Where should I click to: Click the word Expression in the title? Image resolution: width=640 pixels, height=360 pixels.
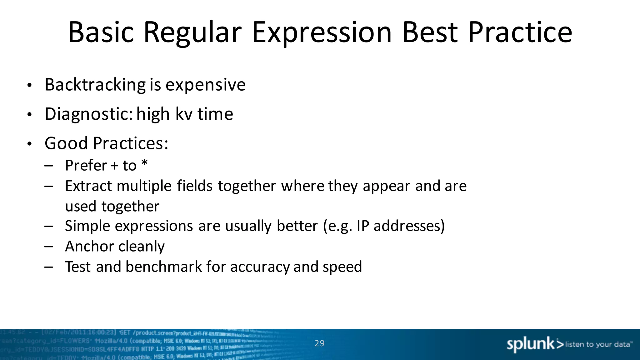point(322,32)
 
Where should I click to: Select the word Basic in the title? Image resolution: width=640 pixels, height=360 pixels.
point(101,32)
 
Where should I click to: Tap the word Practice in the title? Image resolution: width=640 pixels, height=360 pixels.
point(520,32)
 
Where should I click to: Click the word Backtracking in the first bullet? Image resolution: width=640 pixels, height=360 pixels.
point(95,85)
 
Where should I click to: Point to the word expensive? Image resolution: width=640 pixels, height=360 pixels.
point(205,85)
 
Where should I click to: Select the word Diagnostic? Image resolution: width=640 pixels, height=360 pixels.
point(89,114)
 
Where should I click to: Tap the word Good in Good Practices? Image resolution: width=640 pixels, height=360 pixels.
point(66,143)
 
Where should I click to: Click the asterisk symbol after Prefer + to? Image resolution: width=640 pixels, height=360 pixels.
point(144,163)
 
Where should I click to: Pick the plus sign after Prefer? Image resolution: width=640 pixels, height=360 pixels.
point(114,166)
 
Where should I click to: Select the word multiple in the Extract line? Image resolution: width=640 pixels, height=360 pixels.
point(144,186)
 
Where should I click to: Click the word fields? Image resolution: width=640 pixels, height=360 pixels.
point(195,186)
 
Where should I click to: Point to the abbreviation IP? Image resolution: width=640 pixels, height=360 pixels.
point(363,226)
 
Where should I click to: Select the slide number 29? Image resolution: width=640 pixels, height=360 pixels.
point(319,343)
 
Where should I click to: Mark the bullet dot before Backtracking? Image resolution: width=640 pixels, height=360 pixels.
point(29,85)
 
